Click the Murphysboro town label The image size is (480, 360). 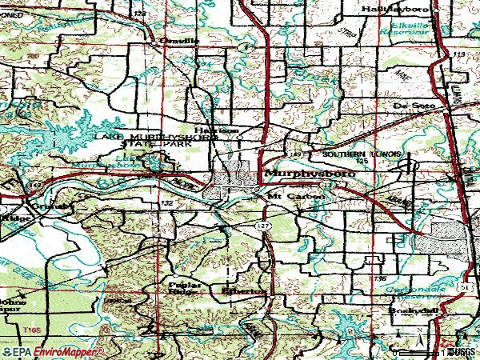[x=301, y=174]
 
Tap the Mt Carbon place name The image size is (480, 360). [x=295, y=195]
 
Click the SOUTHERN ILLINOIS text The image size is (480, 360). [x=366, y=153]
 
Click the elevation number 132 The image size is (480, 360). [x=166, y=204]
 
